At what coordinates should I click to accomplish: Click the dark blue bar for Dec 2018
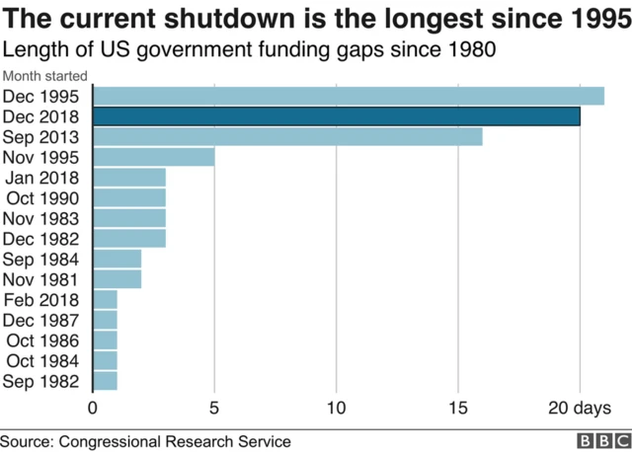click(336, 116)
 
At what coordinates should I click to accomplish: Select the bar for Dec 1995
click(348, 96)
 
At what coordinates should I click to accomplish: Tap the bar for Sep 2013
click(287, 137)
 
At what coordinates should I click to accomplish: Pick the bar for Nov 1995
click(153, 157)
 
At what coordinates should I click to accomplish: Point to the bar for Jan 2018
click(128, 178)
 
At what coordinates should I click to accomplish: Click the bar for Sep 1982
click(105, 381)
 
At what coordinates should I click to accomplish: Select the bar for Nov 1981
click(117, 279)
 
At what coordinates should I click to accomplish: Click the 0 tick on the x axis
click(93, 408)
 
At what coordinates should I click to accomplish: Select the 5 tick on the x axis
click(214, 408)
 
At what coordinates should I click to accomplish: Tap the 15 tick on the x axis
click(458, 408)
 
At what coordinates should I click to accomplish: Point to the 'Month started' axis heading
click(44, 76)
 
